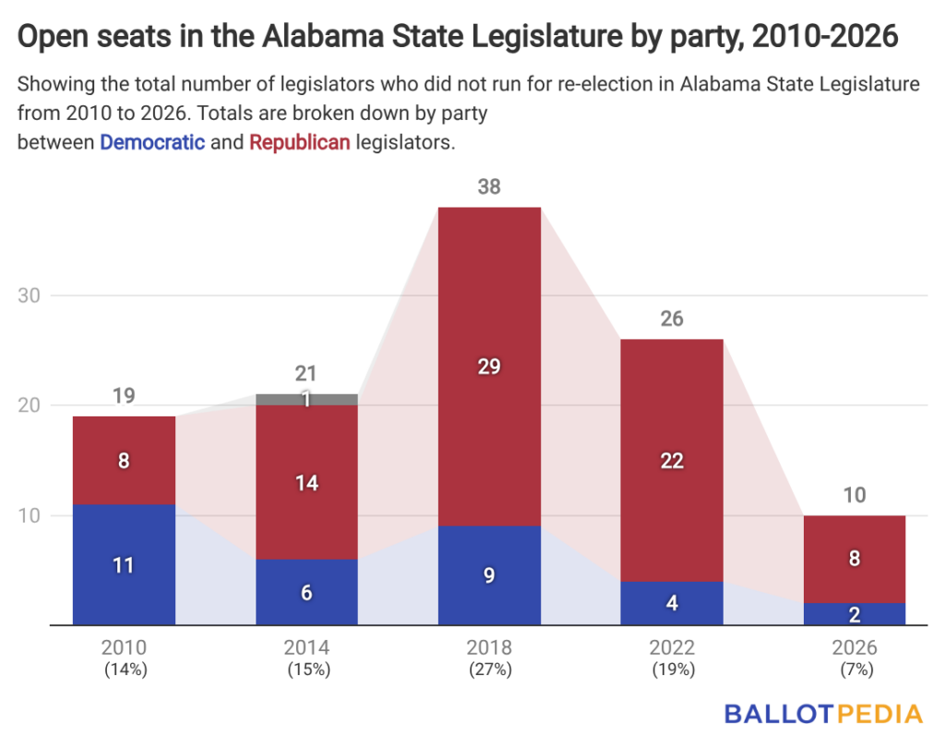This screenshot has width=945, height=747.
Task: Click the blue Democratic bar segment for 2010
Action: [125, 564]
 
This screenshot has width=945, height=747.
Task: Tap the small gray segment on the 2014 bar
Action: [306, 400]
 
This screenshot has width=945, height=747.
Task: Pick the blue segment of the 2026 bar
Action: [855, 614]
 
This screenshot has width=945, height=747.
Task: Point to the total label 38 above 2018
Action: [489, 187]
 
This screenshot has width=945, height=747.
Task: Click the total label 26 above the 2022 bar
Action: [672, 319]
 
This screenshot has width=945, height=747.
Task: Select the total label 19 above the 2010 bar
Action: [125, 396]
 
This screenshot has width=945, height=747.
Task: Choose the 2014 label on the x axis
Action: [307, 648]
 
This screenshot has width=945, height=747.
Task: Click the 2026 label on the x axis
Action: [855, 648]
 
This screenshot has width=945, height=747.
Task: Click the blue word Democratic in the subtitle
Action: [152, 143]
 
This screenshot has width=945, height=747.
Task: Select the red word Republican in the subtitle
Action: [300, 143]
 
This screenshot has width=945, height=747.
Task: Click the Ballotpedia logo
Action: [822, 714]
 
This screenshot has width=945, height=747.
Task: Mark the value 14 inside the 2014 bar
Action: [306, 482]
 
